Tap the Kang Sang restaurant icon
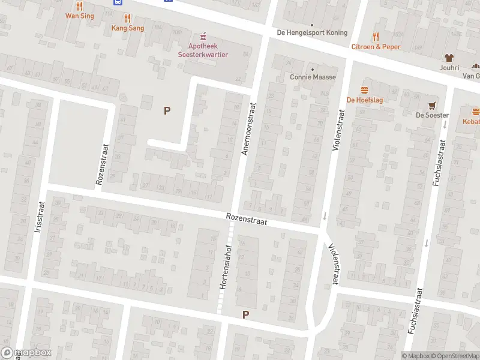pyautogui.click(x=127, y=18)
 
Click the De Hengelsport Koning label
pyautogui.click(x=312, y=33)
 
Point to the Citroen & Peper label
pyautogui.click(x=375, y=46)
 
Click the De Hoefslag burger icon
pyautogui.click(x=364, y=90)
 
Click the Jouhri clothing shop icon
pyautogui.click(x=448, y=58)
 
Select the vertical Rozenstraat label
pyautogui.click(x=100, y=163)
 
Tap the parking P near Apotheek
pyautogui.click(x=167, y=110)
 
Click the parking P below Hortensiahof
pyautogui.click(x=245, y=314)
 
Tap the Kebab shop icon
pyautogui.click(x=475, y=111)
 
